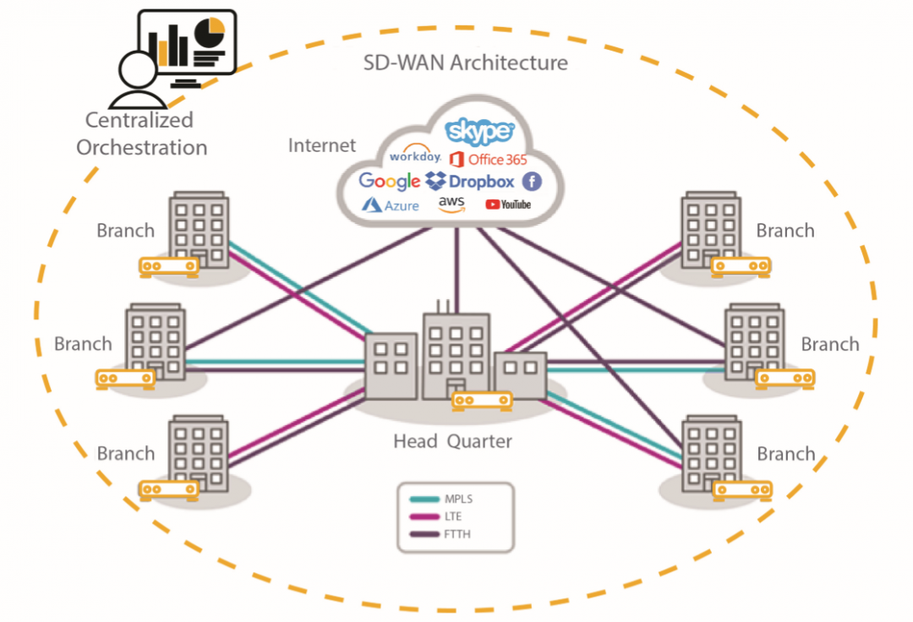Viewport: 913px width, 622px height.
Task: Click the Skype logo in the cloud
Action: [480, 131]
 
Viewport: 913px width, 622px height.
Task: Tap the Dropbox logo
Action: [470, 181]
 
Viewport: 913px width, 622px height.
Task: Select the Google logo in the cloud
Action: [389, 181]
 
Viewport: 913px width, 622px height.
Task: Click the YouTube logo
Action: [508, 205]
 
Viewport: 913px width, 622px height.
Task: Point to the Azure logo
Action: [391, 205]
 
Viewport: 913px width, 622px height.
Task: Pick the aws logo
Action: [452, 205]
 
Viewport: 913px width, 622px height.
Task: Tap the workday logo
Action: [415, 157]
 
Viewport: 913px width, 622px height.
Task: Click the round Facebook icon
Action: [531, 181]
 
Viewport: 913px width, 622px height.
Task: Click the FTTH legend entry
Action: [456, 534]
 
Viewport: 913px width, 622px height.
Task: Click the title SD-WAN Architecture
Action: [465, 63]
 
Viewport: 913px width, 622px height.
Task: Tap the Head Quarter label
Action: [452, 441]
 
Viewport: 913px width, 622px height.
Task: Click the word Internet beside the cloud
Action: [322, 145]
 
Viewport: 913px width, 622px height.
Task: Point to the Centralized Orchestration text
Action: [141, 134]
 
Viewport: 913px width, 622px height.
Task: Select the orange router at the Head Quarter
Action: [483, 401]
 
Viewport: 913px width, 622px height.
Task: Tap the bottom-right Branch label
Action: [785, 454]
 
